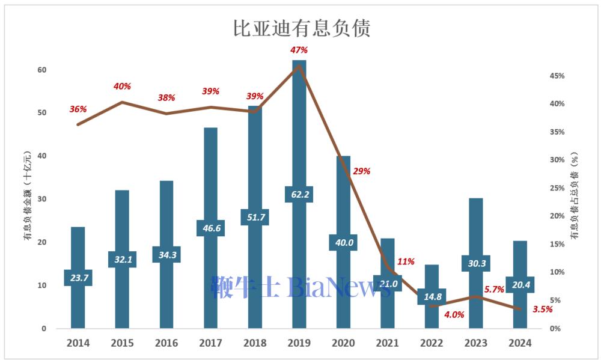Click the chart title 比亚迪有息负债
click(301, 28)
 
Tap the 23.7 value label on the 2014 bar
click(78, 278)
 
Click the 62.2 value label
click(299, 194)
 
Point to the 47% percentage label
click(299, 50)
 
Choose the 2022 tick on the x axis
click(432, 343)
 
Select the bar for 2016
click(166, 216)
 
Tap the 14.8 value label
click(432, 296)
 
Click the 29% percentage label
click(362, 171)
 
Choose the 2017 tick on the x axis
click(210, 343)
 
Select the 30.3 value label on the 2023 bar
click(476, 263)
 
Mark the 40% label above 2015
click(122, 87)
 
